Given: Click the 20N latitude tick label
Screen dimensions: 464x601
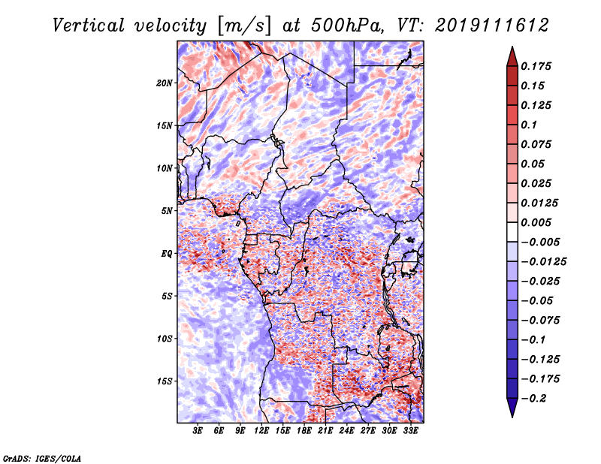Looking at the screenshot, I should tap(165, 83).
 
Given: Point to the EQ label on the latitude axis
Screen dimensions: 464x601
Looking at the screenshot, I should tap(167, 254).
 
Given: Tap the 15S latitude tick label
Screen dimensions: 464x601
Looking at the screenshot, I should tap(165, 381).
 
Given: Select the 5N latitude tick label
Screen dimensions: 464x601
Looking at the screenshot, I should tap(167, 211).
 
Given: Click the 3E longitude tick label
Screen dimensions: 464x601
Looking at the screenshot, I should tap(198, 431).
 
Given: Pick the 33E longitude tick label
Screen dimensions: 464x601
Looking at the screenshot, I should tap(410, 431).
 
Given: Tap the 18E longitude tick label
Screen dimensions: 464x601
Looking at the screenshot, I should tap(304, 431).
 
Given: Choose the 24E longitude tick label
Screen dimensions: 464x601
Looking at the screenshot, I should tap(346, 431).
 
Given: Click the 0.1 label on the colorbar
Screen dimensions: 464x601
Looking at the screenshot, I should tap(530, 125).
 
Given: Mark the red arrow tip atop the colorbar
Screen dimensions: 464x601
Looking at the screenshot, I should tap(512, 52).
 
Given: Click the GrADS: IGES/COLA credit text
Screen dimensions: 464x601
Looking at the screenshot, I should tap(41, 457).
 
